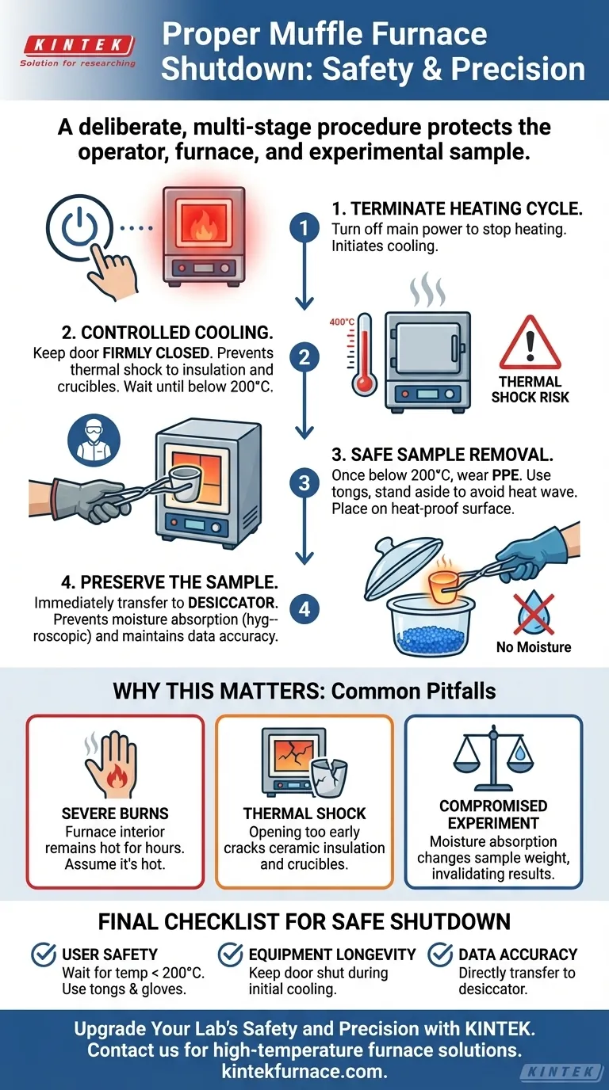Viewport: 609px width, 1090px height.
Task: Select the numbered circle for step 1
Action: pos(304,229)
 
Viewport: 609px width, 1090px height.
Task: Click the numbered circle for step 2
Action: pos(304,357)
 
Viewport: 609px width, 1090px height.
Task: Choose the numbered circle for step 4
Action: pos(304,609)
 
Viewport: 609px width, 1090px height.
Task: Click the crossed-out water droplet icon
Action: pos(534,610)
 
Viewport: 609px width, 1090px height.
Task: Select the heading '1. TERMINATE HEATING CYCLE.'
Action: pos(456,209)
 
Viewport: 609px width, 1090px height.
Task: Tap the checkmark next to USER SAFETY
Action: pos(44,955)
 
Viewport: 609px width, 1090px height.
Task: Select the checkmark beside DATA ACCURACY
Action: pos(440,955)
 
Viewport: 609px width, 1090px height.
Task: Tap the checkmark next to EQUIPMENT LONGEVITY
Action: pos(231,955)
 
